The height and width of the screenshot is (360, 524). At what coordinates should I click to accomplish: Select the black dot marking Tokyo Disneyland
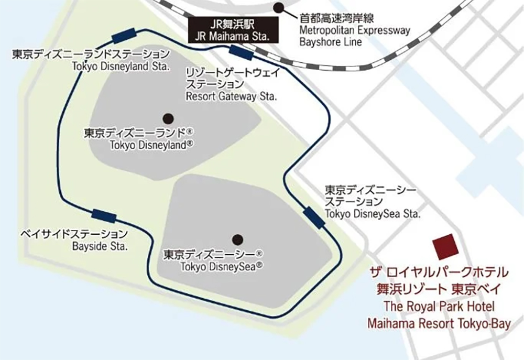[168, 117]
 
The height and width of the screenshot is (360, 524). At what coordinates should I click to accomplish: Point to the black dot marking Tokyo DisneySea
[237, 239]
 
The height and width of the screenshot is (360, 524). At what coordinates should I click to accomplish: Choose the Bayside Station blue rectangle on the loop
[104, 215]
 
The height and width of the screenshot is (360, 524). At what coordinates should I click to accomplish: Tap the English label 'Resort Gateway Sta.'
[232, 97]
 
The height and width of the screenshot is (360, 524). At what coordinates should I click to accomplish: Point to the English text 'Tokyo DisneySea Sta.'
[373, 214]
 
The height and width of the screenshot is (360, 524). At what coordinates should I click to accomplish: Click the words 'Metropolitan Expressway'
[354, 30]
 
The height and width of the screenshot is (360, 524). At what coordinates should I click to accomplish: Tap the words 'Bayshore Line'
[330, 42]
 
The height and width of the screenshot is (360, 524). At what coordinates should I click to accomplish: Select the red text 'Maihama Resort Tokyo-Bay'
[439, 324]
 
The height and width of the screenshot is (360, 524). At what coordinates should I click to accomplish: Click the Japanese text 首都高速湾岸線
[333, 18]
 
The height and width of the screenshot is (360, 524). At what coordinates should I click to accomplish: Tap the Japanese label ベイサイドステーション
[73, 233]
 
